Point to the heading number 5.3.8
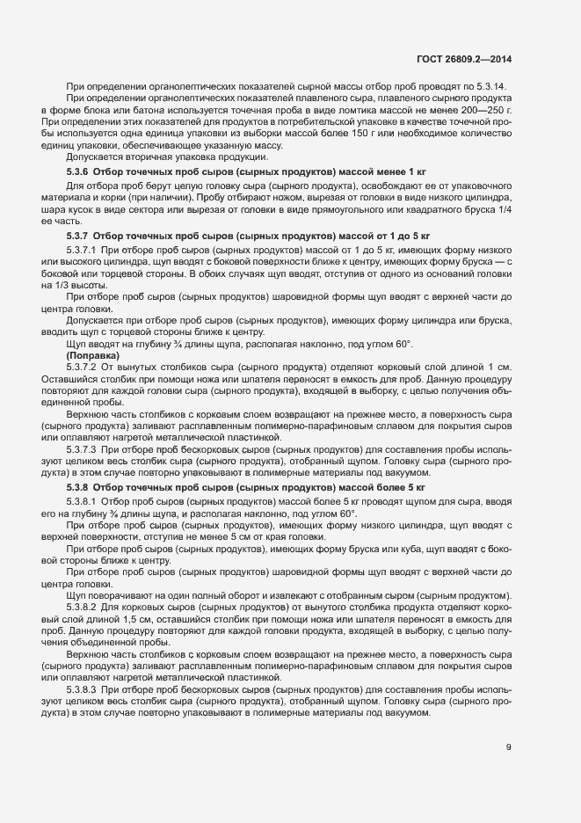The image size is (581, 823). point(78,486)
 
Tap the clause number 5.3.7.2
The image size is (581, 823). point(82,366)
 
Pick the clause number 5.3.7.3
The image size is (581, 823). point(82,449)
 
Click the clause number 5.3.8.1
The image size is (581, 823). point(82,501)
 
